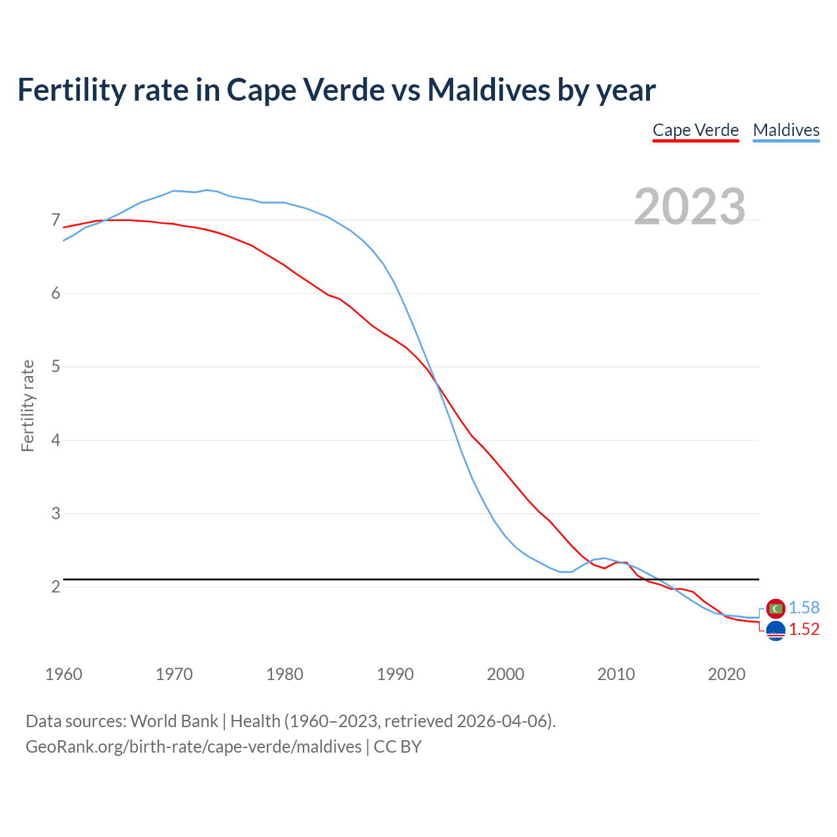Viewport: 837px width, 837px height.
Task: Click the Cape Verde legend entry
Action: [x=695, y=130]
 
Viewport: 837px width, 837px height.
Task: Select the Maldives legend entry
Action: [x=786, y=130]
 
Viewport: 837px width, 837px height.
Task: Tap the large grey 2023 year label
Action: [x=689, y=207]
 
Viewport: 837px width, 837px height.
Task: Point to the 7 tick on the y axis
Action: [x=56, y=220]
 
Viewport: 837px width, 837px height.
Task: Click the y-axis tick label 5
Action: [x=56, y=366]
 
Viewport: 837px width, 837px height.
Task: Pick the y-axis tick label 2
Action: [x=56, y=587]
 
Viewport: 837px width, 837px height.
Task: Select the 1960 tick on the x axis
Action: [x=63, y=674]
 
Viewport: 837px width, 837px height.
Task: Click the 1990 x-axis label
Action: [x=395, y=674]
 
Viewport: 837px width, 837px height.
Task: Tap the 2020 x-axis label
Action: [x=726, y=674]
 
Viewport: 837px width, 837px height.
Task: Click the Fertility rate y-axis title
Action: [x=27, y=405]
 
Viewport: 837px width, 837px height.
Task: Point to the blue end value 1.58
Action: [x=804, y=607]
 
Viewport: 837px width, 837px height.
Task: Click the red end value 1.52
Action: [x=804, y=629]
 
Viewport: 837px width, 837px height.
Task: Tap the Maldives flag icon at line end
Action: [x=776, y=608]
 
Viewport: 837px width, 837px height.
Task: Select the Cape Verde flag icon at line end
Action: [x=776, y=631]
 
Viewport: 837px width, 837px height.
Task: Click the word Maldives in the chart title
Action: [x=488, y=90]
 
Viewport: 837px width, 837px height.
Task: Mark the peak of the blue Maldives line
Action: [x=207, y=190]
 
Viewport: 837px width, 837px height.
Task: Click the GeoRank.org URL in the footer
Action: [x=194, y=746]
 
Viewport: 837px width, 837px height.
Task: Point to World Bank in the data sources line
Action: [x=174, y=721]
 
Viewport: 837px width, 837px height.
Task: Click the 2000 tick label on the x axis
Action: [x=505, y=674]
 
